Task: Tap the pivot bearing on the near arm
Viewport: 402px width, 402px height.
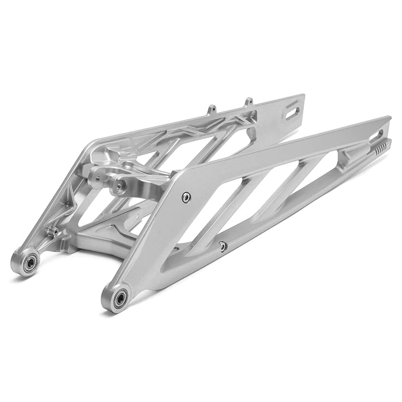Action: click(118, 296)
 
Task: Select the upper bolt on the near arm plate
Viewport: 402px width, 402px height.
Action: click(186, 197)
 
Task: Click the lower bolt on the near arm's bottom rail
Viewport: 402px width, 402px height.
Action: click(222, 246)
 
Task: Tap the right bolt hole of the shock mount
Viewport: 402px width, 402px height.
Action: click(119, 186)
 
